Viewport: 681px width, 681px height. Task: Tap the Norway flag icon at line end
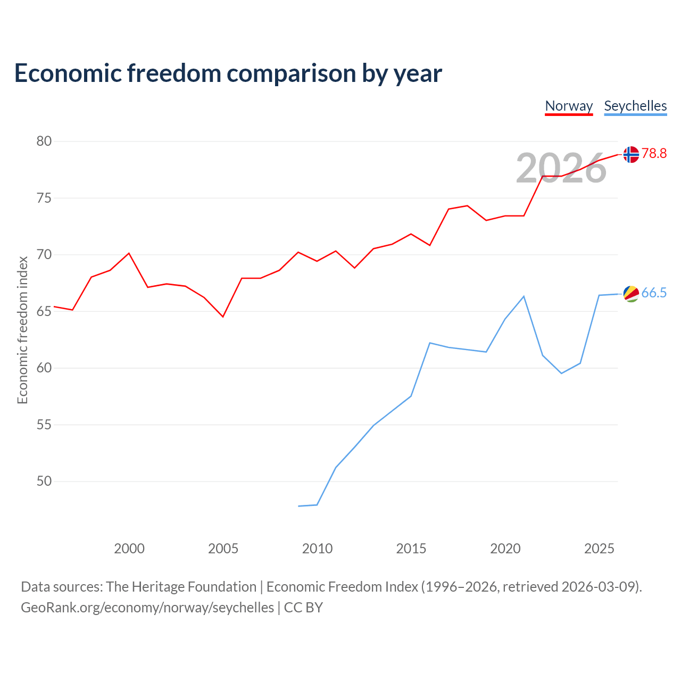click(x=631, y=154)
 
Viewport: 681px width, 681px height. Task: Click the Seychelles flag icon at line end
click(x=631, y=294)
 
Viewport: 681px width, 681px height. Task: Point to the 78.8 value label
click(x=654, y=153)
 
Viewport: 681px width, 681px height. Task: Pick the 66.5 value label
click(x=654, y=293)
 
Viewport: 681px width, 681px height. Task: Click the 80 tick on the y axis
click(x=44, y=141)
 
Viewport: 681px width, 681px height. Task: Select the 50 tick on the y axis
click(x=44, y=481)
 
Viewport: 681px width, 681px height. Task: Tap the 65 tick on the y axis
click(x=44, y=311)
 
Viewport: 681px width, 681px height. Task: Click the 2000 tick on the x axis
click(x=129, y=549)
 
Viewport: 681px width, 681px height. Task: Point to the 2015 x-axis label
click(x=411, y=549)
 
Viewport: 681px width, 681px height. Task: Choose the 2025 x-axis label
click(x=599, y=549)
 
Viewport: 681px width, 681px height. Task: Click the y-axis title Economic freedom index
click(x=23, y=330)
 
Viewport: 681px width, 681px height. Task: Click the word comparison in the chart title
click(x=291, y=73)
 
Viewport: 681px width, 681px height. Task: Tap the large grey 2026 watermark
click(x=561, y=168)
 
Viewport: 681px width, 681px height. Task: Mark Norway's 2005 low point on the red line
click(x=223, y=317)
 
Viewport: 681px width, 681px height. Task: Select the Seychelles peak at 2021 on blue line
click(x=524, y=296)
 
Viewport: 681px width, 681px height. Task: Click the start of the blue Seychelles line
click(x=298, y=506)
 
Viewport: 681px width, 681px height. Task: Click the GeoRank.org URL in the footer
click(x=147, y=608)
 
